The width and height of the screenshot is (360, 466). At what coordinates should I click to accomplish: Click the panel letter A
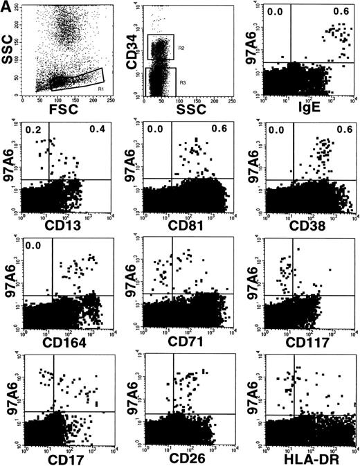click(7, 7)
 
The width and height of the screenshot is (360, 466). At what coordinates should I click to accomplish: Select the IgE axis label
click(309, 109)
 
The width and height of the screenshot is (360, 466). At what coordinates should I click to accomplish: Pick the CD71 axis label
click(188, 341)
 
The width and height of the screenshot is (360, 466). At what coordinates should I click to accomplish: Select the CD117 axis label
click(309, 341)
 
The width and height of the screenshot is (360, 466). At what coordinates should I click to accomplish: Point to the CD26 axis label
click(188, 458)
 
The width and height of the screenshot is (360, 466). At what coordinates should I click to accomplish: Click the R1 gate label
click(101, 89)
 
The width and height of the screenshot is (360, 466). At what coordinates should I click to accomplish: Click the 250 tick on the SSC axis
click(17, 6)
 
